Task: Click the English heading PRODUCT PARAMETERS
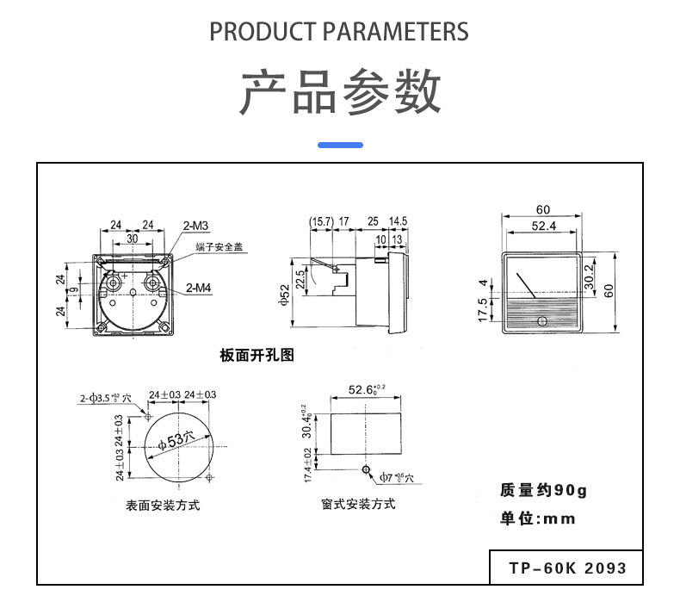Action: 339,32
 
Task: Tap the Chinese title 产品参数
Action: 339,91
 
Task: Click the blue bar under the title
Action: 340,145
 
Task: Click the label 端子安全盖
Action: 219,246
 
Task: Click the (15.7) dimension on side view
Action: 321,222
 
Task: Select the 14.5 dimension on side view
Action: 398,222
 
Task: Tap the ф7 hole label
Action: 397,476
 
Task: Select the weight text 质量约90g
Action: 542,490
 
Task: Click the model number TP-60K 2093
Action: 567,568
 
